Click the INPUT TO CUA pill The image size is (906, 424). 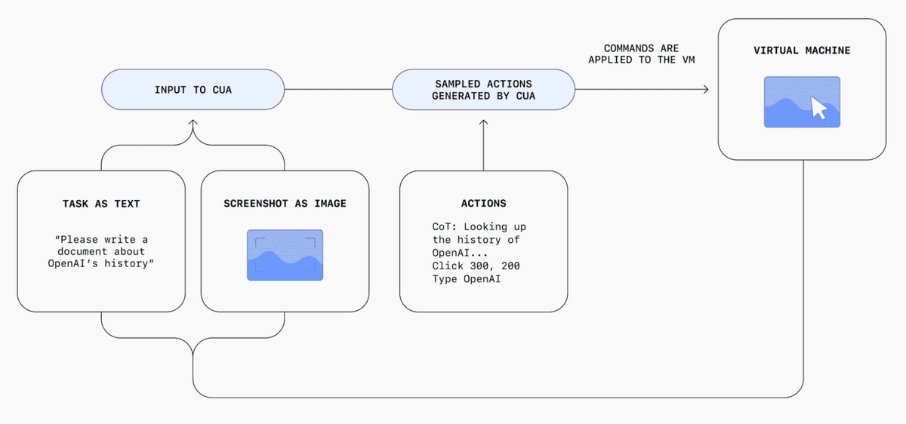pyautogui.click(x=193, y=89)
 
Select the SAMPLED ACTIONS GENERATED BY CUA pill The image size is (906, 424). pyautogui.click(x=483, y=89)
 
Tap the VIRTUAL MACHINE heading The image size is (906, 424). pyautogui.click(x=802, y=51)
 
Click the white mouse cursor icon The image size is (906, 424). pyautogui.click(x=819, y=108)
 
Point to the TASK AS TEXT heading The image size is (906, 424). pyautogui.click(x=101, y=203)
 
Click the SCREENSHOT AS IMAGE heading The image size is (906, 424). pyautogui.click(x=285, y=203)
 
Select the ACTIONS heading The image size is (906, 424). pyautogui.click(x=483, y=203)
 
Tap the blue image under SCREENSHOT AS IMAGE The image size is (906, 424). pyautogui.click(x=285, y=255)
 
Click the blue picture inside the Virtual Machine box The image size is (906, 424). pyautogui.click(x=802, y=102)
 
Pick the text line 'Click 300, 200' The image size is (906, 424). pyautogui.click(x=476, y=266)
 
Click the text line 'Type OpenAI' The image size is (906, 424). pyautogui.click(x=466, y=279)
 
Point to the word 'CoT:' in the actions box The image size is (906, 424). pyautogui.click(x=444, y=227)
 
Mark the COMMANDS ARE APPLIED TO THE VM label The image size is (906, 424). pyautogui.click(x=642, y=54)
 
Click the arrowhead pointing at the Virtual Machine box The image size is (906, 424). pyautogui.click(x=706, y=89)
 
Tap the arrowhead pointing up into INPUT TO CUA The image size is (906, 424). pyautogui.click(x=193, y=122)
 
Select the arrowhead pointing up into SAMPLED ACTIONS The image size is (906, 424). pyautogui.click(x=483, y=122)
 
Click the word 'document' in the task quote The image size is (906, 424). pyautogui.click(x=82, y=251)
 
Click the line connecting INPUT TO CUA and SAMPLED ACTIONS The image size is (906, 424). pyautogui.click(x=338, y=89)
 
